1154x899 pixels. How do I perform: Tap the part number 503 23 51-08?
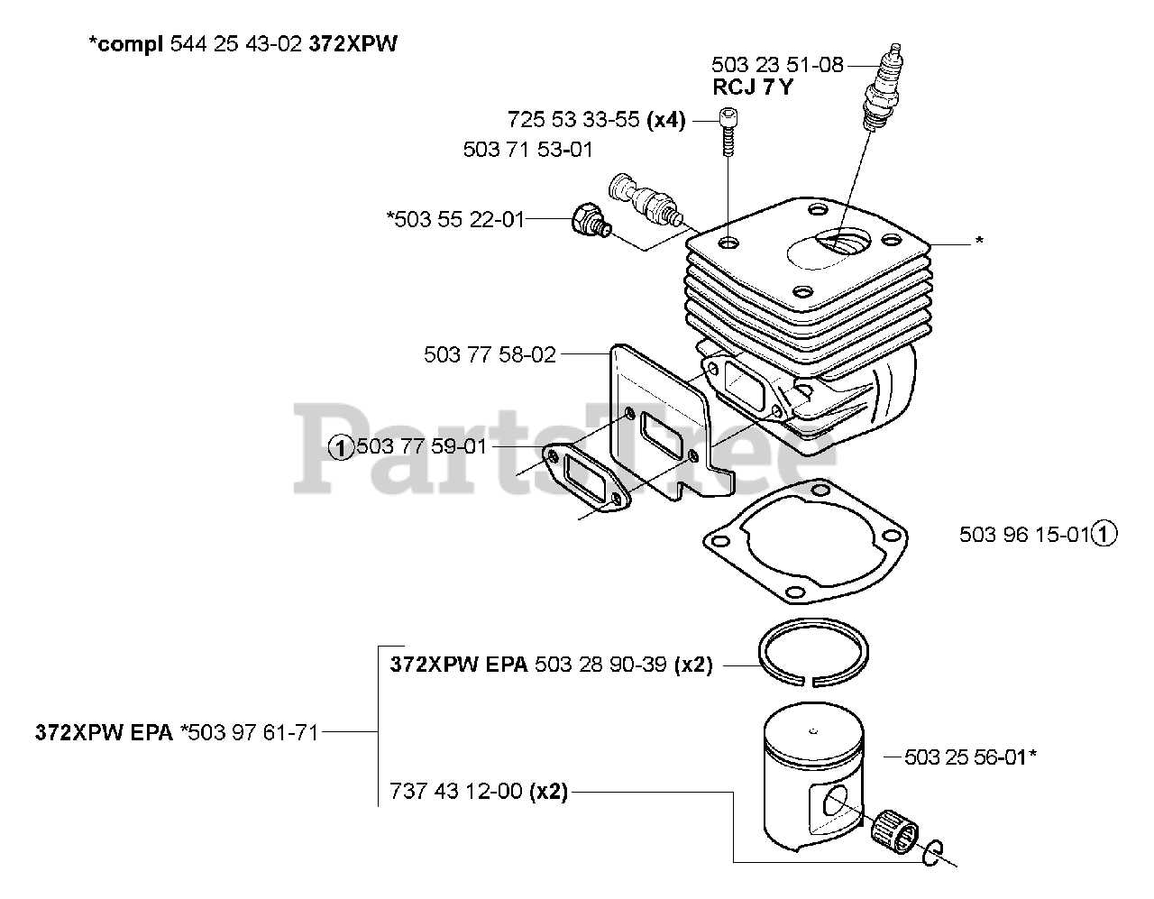tap(777, 65)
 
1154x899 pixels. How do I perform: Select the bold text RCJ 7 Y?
tap(752, 87)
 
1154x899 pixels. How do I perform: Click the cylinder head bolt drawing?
tap(728, 133)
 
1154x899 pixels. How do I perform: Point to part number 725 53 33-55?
tap(573, 120)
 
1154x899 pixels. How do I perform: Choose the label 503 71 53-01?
tap(528, 150)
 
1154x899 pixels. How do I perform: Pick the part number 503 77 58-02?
tap(490, 354)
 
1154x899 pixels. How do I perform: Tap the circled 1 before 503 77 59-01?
tap(341, 447)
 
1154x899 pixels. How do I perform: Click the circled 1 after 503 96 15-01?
tap(1104, 534)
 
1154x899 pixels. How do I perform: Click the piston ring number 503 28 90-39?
tap(600, 665)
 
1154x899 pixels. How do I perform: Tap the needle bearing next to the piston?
tap(895, 832)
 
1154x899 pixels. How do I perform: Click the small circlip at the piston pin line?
tap(933, 853)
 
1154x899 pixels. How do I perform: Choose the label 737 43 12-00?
tap(456, 791)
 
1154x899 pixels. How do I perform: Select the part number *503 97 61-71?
tap(250, 733)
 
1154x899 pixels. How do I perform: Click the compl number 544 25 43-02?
tap(236, 43)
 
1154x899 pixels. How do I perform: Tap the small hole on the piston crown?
tap(813, 731)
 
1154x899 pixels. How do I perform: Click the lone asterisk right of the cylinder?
tap(979, 241)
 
